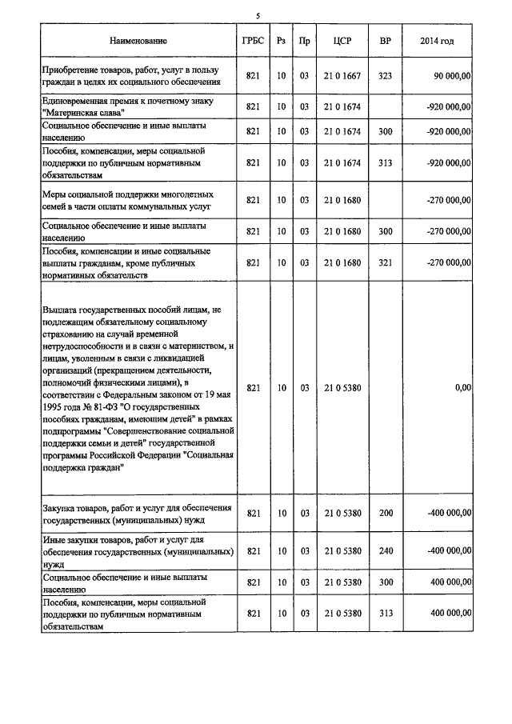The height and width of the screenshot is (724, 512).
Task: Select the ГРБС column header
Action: click(x=251, y=41)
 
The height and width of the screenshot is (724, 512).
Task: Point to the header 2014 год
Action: click(x=437, y=41)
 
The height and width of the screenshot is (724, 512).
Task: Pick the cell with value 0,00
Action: click(x=462, y=387)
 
